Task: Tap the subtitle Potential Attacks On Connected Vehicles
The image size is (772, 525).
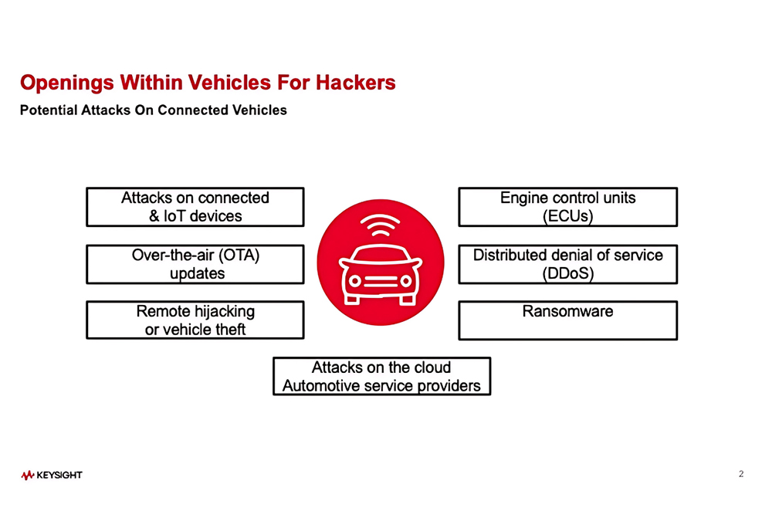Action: pos(153,110)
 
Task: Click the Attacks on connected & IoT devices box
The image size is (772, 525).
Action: pos(195,207)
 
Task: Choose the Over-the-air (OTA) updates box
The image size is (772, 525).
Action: pos(195,264)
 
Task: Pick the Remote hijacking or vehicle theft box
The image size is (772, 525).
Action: pos(195,320)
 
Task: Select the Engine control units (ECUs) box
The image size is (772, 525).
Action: pos(567,207)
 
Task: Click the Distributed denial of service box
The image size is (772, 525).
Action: pos(567,264)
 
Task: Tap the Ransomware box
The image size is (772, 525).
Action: pos(567,320)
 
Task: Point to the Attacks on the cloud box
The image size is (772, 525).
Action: pos(381,376)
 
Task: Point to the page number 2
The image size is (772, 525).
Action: pos(741,474)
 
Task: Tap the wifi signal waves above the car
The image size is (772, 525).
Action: pos(381,226)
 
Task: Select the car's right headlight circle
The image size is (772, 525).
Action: pos(407,280)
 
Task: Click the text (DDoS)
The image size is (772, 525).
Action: pos(567,273)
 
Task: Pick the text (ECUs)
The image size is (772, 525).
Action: pos(567,216)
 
